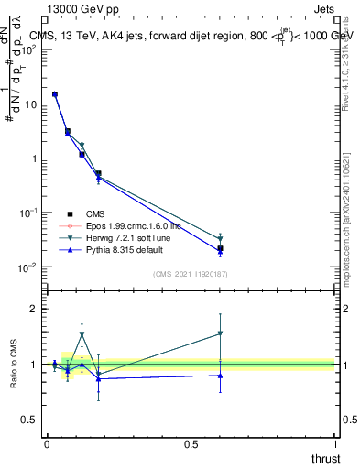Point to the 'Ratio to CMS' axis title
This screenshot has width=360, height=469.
pyautogui.click(x=14, y=365)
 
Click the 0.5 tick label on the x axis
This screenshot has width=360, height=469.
pyautogui.click(x=191, y=444)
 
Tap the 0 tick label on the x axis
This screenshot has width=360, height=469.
pyautogui.click(x=47, y=444)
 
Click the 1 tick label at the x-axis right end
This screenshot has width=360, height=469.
pyautogui.click(x=335, y=444)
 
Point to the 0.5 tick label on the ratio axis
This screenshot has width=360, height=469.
pyautogui.click(x=28, y=420)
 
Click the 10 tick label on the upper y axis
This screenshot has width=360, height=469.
pyautogui.click(x=29, y=104)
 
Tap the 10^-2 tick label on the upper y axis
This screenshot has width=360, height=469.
pyautogui.click(x=27, y=267)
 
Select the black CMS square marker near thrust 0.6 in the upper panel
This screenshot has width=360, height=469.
pyautogui.click(x=220, y=248)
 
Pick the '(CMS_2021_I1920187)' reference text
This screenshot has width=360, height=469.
pyautogui.click(x=191, y=274)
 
